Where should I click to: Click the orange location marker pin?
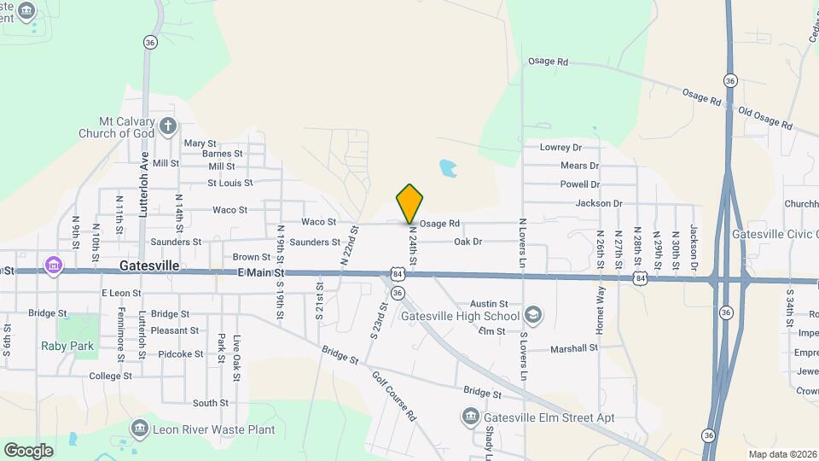point(409,203)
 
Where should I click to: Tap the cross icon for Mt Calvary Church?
point(168,126)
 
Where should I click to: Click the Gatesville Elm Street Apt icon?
point(470,417)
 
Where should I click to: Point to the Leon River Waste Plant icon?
point(140,428)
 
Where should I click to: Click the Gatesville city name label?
point(149,266)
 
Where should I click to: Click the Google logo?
point(28,450)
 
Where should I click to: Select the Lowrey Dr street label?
point(561,147)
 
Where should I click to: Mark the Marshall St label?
point(573,348)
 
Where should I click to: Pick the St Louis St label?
point(229,183)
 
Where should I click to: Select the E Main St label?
point(259,272)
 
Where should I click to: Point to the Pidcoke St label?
point(181,353)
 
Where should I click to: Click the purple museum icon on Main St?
point(55,266)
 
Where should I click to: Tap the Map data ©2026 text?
point(781,454)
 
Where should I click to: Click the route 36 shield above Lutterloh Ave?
point(150,42)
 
